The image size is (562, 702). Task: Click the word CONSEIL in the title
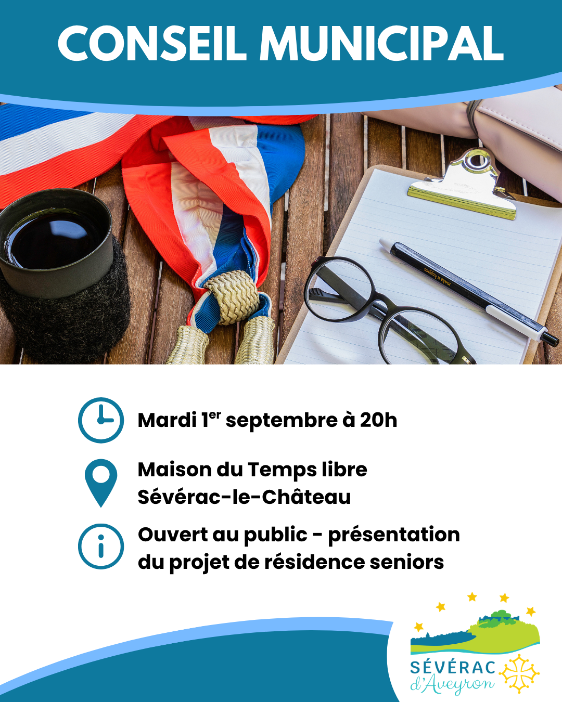click(152, 43)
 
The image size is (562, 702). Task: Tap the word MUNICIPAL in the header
click(381, 43)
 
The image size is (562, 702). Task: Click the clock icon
click(101, 420)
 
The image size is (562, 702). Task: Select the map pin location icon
click(101, 483)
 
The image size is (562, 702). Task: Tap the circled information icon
click(101, 547)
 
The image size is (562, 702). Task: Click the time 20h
click(378, 420)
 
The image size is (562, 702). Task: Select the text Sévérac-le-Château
click(244, 497)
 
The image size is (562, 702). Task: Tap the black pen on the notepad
click(469, 292)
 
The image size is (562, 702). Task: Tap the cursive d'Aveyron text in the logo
click(452, 685)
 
